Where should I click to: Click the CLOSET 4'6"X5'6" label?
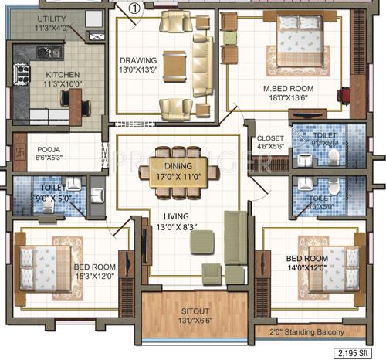pos(269,144)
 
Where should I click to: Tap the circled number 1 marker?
pos(134,8)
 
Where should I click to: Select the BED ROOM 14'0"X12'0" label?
pos(306,263)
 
